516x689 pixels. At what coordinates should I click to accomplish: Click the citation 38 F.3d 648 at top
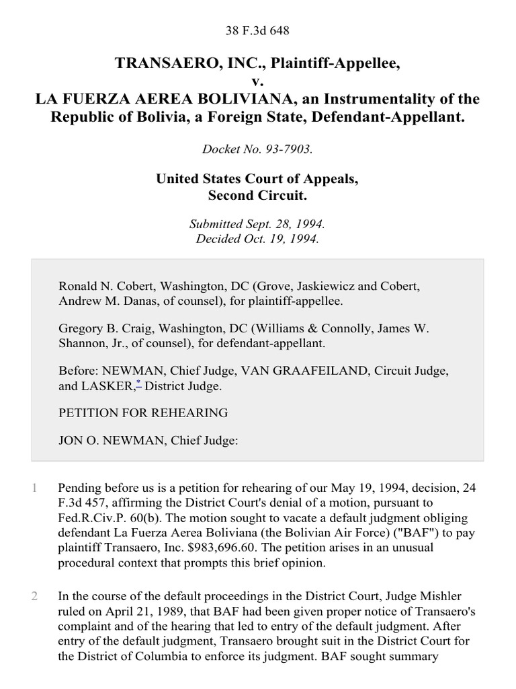257,30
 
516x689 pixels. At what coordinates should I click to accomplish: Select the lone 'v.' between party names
257,81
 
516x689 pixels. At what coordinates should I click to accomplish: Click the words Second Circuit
257,197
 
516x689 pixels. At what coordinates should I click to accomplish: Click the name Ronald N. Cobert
101,286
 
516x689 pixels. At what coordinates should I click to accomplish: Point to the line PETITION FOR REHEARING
143,412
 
